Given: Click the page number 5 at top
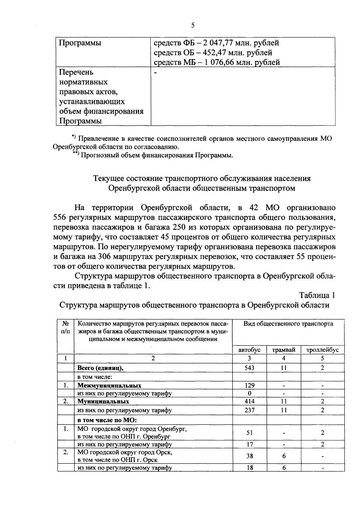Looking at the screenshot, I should click(193, 25).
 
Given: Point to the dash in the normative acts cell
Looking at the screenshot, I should click(155, 72).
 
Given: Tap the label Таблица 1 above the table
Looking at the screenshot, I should click(317, 295).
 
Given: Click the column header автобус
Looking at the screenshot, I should click(249, 350).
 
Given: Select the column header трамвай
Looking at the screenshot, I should click(283, 350).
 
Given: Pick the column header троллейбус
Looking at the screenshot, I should click(322, 350).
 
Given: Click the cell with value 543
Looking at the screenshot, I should click(249, 368).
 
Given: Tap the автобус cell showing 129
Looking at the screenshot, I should click(249, 385).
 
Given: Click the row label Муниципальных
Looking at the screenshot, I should click(103, 401).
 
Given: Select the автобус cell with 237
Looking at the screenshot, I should click(249, 410).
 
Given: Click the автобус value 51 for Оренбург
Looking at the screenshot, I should click(249, 433).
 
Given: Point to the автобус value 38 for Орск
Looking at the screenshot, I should click(249, 456).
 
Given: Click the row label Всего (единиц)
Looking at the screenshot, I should click(100, 368).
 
